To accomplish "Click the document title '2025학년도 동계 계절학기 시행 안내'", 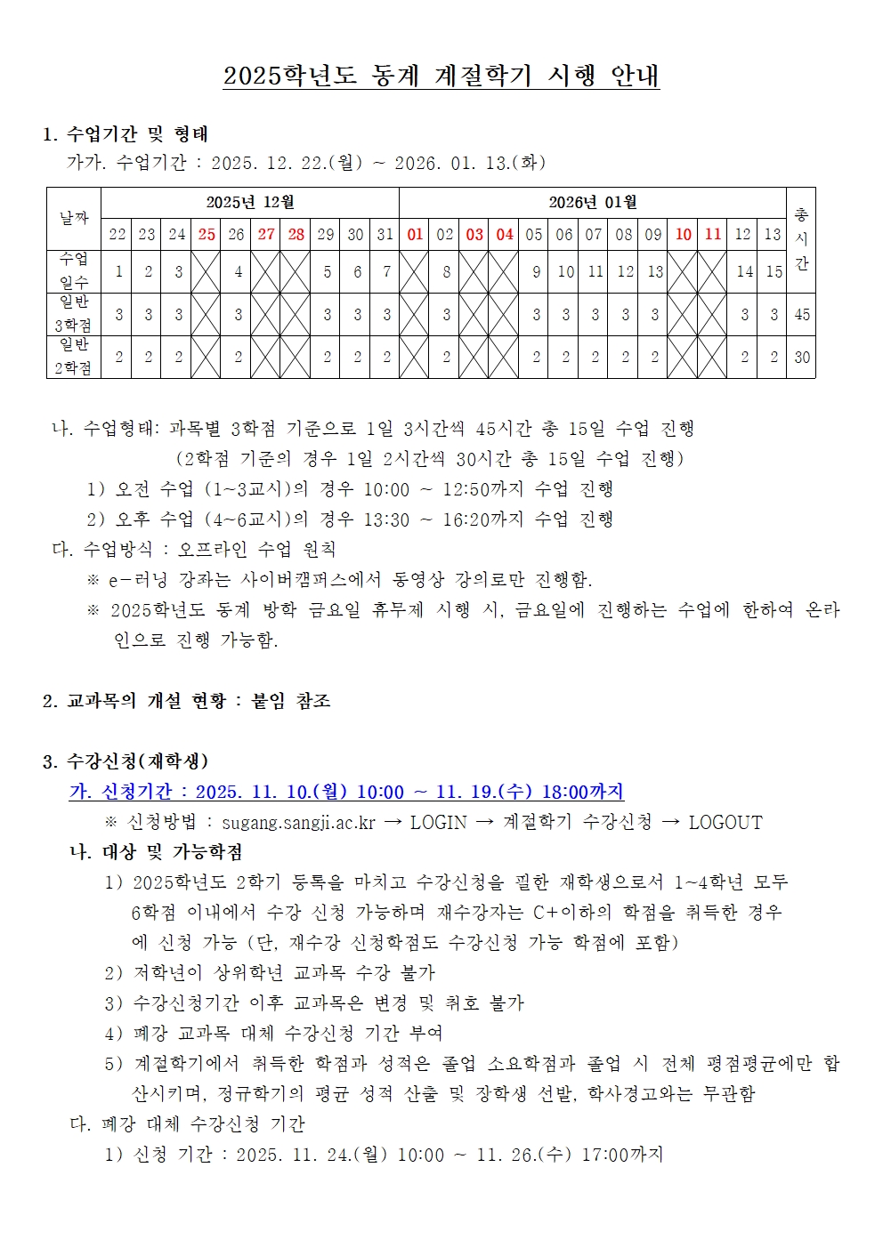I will pyautogui.click(x=441, y=76).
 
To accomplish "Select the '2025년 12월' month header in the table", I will pyautogui.click(x=249, y=203).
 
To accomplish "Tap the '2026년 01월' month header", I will pyautogui.click(x=592, y=203).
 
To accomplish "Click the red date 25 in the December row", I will pyautogui.click(x=207, y=235).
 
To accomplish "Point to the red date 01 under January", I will pyautogui.click(x=415, y=235).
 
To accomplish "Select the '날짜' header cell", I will pyautogui.click(x=74, y=218).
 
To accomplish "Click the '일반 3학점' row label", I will pyautogui.click(x=74, y=314).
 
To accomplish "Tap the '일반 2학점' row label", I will pyautogui.click(x=74, y=357).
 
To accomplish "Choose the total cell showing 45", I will pyautogui.click(x=802, y=315).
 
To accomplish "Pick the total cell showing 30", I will pyautogui.click(x=802, y=358).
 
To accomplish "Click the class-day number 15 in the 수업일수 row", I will pyautogui.click(x=774, y=272).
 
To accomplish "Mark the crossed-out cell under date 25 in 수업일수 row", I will pyautogui.click(x=207, y=271).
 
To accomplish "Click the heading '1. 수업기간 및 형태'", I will pyautogui.click(x=126, y=134).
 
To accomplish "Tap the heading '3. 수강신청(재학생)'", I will pyautogui.click(x=126, y=761).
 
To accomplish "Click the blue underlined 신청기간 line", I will pyautogui.click(x=346, y=792).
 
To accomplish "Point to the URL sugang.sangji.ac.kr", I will pyautogui.click(x=298, y=823).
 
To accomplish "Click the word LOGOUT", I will pyautogui.click(x=725, y=823).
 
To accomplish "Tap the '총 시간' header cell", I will pyautogui.click(x=801, y=238).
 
